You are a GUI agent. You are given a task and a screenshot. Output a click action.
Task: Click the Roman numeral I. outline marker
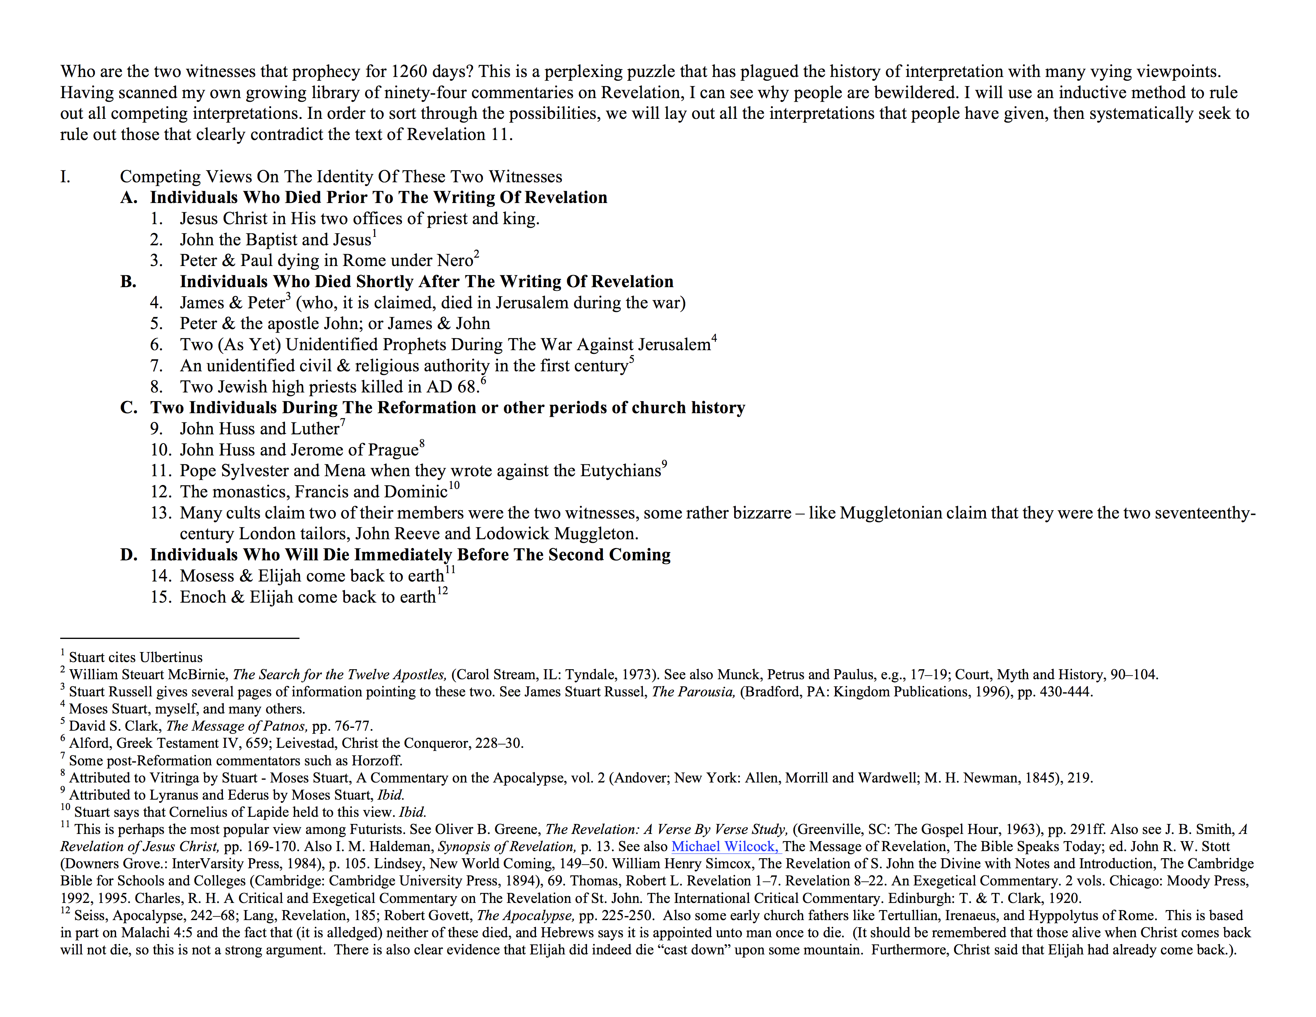click(x=65, y=177)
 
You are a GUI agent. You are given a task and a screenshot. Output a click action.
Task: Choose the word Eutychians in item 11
click(x=620, y=471)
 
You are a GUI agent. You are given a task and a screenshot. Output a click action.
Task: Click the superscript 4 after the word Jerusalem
click(x=714, y=338)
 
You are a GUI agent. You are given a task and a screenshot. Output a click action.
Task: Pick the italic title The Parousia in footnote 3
click(x=693, y=692)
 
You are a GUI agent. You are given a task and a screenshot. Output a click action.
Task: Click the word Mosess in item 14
click(x=207, y=576)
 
